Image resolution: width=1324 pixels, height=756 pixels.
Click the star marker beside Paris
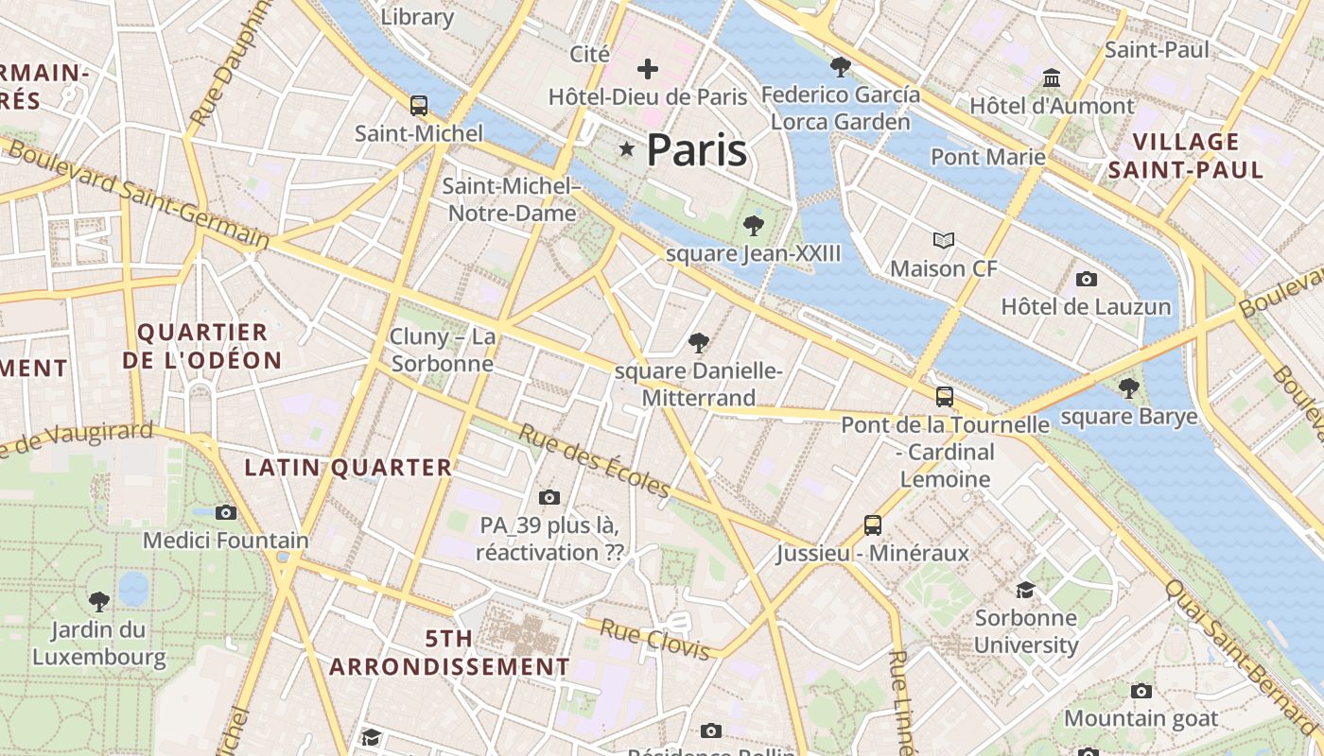626,149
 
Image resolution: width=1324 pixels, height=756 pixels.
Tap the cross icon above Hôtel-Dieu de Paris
648,68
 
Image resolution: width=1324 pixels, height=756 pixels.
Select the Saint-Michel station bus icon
419,106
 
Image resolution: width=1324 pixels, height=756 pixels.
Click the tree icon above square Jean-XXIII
754,225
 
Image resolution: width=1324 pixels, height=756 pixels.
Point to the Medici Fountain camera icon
226,512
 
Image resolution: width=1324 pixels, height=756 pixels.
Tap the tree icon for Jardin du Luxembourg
99,601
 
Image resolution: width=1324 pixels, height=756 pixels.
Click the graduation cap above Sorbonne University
1026,591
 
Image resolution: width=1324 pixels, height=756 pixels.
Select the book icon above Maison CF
944,240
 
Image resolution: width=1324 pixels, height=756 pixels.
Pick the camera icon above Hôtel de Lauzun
1087,279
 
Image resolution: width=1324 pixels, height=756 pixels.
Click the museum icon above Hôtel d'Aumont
1052,77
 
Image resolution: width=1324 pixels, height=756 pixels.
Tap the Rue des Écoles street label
595,460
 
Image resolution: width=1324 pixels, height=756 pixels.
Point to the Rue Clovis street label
655,640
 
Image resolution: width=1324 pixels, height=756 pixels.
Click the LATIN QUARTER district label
349,468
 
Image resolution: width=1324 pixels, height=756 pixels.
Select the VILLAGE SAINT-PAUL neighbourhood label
1186,156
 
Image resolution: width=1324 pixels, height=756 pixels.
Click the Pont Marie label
988,157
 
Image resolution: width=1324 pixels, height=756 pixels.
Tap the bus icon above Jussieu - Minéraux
873,524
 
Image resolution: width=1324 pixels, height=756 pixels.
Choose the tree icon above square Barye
1128,387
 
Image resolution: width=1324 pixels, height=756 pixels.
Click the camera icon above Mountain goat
1141,691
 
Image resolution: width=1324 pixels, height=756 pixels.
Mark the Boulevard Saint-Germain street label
138,196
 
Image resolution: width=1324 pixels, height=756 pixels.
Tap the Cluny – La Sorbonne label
443,350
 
